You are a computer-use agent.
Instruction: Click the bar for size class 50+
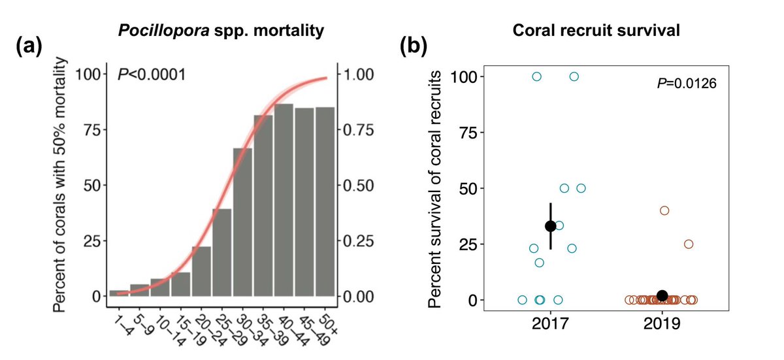(x=325, y=202)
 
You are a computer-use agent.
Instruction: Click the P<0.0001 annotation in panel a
(x=152, y=74)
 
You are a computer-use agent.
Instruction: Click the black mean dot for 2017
(x=550, y=226)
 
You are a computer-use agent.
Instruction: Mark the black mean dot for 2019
(x=662, y=296)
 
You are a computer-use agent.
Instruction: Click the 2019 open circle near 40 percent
(x=664, y=210)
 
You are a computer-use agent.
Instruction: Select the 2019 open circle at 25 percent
(x=688, y=244)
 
